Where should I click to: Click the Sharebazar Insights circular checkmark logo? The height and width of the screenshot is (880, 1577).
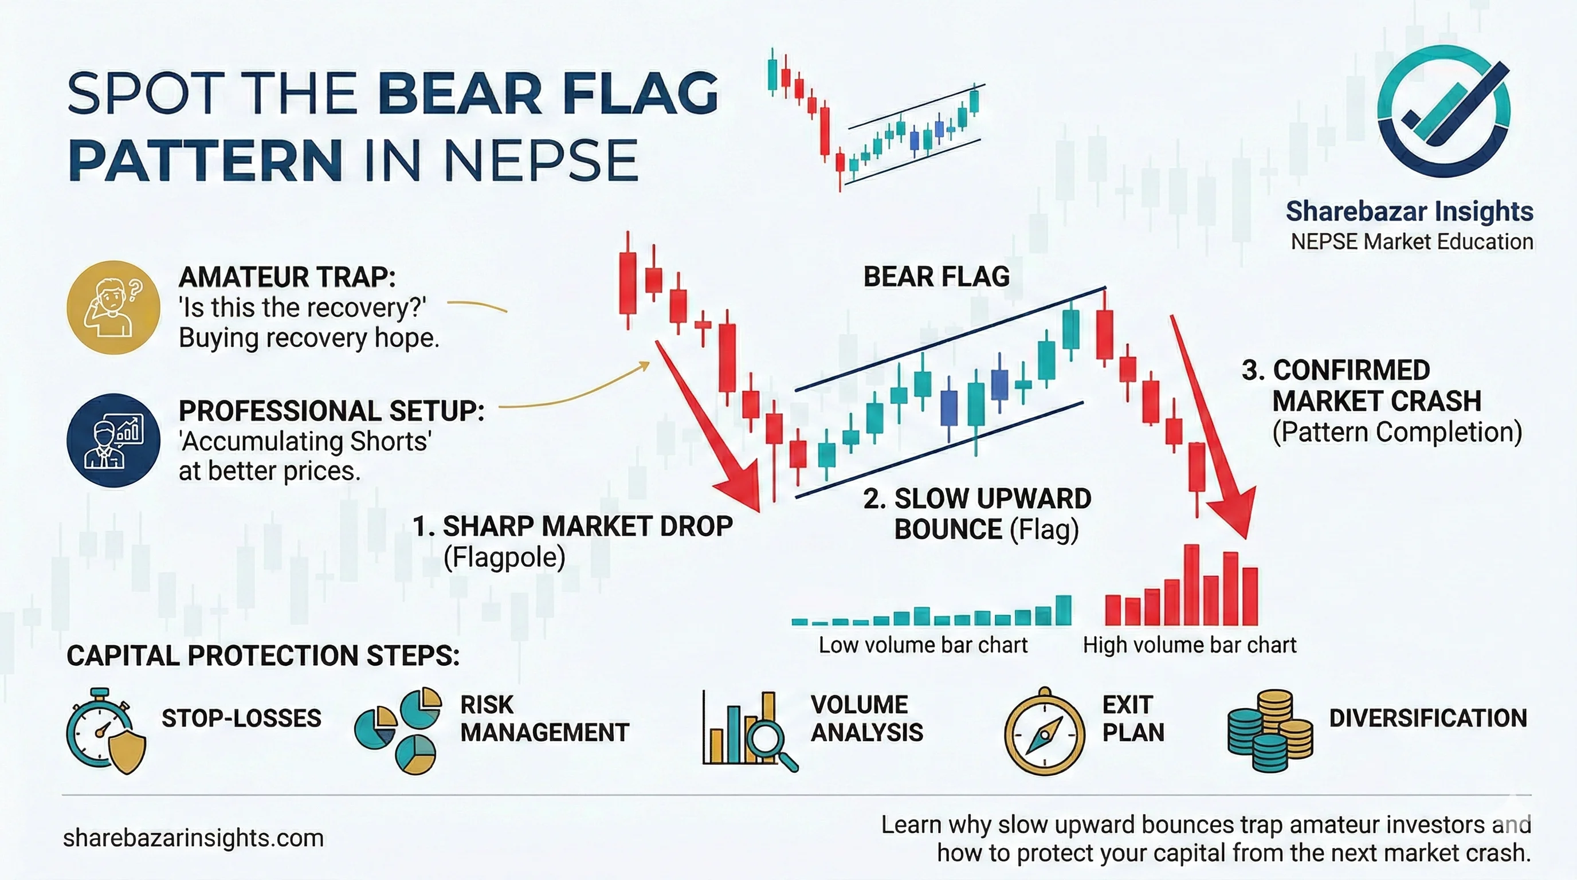tap(1443, 112)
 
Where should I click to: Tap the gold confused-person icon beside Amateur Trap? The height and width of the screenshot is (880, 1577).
tap(113, 307)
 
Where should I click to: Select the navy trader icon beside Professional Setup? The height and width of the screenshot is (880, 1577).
tap(113, 440)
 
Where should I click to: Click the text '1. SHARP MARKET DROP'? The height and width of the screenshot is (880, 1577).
tap(573, 527)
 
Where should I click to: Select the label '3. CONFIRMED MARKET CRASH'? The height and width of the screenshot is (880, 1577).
tap(1362, 386)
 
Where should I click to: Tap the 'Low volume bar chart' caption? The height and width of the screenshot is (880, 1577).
tap(923, 645)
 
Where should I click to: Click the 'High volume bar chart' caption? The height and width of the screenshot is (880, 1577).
tap(1190, 645)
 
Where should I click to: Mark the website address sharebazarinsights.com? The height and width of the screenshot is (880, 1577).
tap(194, 838)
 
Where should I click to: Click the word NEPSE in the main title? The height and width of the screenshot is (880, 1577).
tap(540, 160)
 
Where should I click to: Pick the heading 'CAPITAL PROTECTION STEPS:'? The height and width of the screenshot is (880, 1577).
tap(263, 655)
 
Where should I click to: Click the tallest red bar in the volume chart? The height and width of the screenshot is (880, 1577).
tap(1191, 584)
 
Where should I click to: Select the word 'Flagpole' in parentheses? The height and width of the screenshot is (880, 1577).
tap(504, 557)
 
